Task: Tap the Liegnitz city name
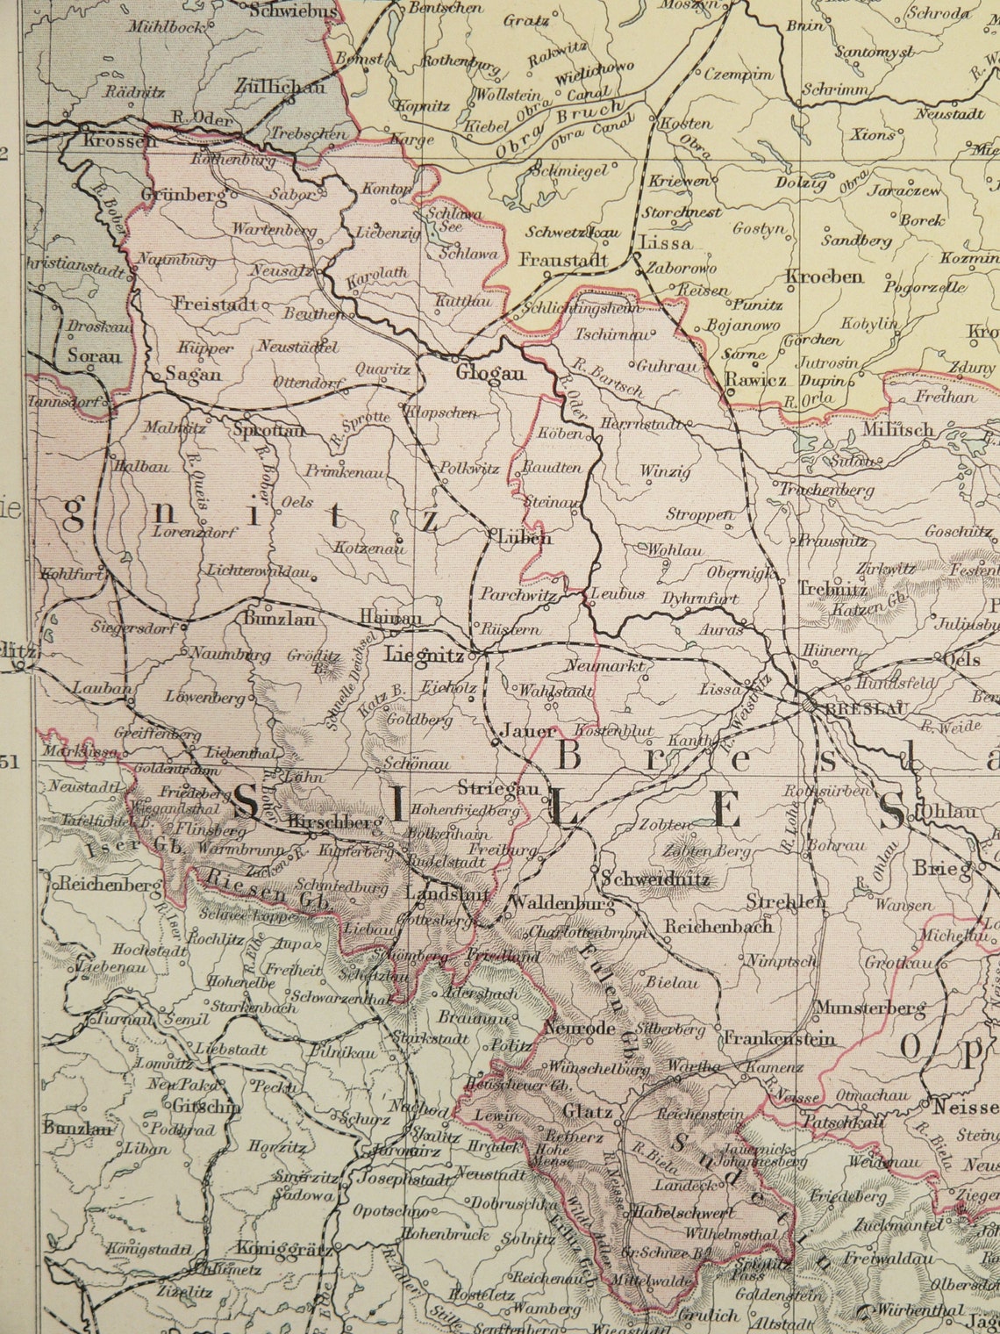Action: [424, 655]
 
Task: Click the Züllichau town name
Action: [281, 87]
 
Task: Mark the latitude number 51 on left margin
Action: [10, 762]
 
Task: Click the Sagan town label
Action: [190, 373]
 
